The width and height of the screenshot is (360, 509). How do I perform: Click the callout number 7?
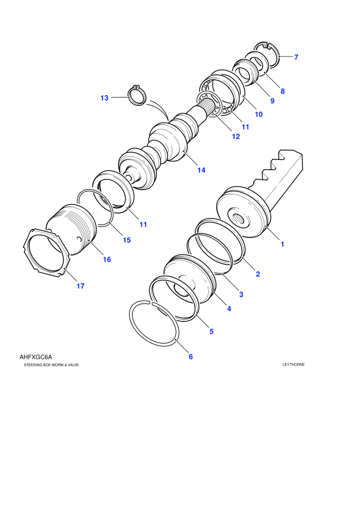tap(296, 57)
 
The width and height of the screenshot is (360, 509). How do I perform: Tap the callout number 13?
tap(104, 98)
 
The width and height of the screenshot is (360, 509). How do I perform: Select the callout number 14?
tap(201, 170)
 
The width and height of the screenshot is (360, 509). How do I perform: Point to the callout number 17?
tap(81, 286)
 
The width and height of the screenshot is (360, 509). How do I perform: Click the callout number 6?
tap(191, 357)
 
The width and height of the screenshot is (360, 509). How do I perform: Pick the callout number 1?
tap(282, 244)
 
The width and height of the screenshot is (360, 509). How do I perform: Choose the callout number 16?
tap(107, 259)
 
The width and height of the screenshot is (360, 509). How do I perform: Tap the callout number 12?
tap(236, 136)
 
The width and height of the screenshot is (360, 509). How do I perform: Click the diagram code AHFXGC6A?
tap(35, 357)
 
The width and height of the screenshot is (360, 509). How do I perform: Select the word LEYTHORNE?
tap(294, 365)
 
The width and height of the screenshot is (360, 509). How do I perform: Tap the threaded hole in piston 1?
tap(239, 218)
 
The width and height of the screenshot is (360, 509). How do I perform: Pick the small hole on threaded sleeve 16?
tap(79, 240)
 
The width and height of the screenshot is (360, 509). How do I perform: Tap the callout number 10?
tap(259, 114)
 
